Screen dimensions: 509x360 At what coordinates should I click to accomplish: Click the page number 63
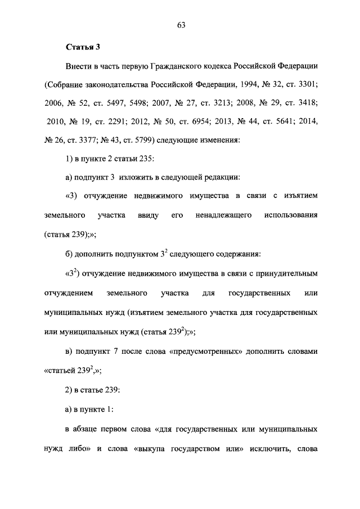click(x=180, y=25)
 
